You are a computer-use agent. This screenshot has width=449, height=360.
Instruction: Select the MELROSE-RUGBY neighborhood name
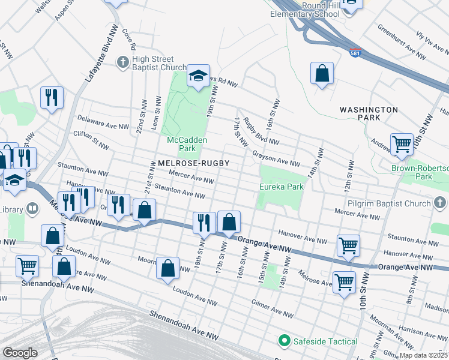(193, 163)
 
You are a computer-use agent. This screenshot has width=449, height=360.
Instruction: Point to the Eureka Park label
(281, 187)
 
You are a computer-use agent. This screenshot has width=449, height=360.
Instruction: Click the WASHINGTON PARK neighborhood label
(368, 114)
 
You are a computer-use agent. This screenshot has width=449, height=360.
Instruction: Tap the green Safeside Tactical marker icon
(285, 341)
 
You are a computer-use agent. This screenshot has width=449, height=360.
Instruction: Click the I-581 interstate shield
(355, 53)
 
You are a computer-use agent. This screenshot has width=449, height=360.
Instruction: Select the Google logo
(20, 352)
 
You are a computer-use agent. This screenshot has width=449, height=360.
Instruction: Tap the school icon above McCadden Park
(198, 76)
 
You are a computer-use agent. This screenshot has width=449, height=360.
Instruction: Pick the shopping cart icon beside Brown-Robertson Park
(402, 144)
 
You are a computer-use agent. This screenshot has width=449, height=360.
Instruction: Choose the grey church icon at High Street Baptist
(122, 61)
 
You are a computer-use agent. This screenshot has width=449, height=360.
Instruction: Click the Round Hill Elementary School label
(304, 10)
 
